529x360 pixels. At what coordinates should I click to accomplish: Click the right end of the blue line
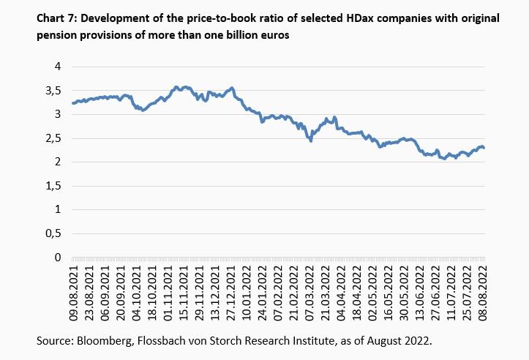click(x=484, y=149)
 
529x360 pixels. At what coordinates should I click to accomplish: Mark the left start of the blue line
click(x=72, y=103)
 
